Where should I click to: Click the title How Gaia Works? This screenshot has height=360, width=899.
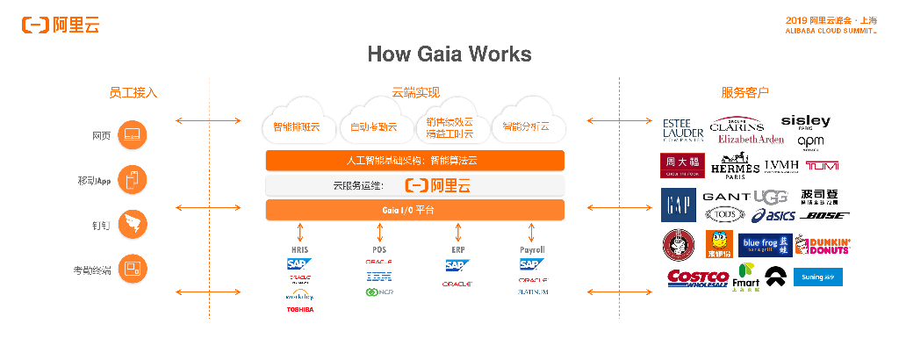(449, 54)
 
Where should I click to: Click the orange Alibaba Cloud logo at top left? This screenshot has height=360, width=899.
(61, 25)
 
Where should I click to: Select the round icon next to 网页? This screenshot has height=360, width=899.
(132, 136)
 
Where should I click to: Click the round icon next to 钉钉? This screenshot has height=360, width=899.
(132, 224)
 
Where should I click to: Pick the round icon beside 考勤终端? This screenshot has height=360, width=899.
(132, 269)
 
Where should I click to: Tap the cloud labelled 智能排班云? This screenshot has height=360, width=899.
(296, 127)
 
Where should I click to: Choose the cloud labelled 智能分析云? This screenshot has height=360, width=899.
(525, 126)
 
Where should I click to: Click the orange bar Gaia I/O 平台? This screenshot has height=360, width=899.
(414, 210)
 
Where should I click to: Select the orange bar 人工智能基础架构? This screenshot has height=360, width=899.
(414, 161)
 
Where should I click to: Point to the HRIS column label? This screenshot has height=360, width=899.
(299, 250)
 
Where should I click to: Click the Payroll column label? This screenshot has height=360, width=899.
(532, 250)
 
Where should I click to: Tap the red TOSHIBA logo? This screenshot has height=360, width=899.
(299, 309)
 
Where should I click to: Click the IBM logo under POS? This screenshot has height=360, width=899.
(378, 277)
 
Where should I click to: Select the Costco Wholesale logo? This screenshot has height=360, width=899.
(698, 278)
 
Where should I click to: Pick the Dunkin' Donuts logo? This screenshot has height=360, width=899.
(823, 245)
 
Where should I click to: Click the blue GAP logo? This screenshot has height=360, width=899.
(678, 205)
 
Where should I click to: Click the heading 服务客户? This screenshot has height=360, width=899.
(745, 92)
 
